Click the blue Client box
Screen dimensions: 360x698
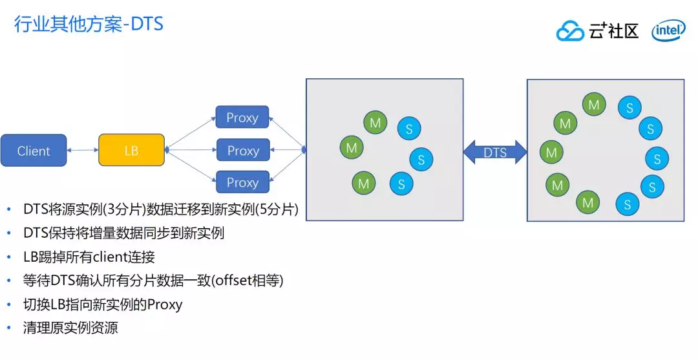click(x=34, y=151)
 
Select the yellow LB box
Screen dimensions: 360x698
click(x=131, y=151)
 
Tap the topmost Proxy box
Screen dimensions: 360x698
click(x=242, y=118)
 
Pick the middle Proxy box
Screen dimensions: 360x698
click(x=242, y=151)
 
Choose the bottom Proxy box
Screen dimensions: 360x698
click(x=242, y=183)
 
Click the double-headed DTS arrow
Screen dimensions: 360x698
click(x=495, y=153)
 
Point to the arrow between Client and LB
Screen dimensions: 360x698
click(x=83, y=151)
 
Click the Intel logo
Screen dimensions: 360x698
click(x=668, y=30)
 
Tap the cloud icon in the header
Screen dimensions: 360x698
click(x=570, y=31)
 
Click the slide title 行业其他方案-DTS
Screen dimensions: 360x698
click(x=89, y=25)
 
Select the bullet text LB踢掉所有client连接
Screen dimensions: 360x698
click(x=89, y=257)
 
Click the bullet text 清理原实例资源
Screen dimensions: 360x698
click(x=70, y=327)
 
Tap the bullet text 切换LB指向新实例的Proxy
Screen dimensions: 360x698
click(x=103, y=304)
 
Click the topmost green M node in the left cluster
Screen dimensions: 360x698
click(x=375, y=122)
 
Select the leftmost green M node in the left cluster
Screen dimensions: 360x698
click(x=351, y=147)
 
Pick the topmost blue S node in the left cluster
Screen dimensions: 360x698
click(x=408, y=128)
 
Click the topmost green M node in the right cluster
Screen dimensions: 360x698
click(x=594, y=104)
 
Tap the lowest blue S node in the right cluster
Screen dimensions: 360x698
click(x=627, y=204)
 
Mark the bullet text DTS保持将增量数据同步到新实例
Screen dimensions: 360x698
click(x=123, y=233)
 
